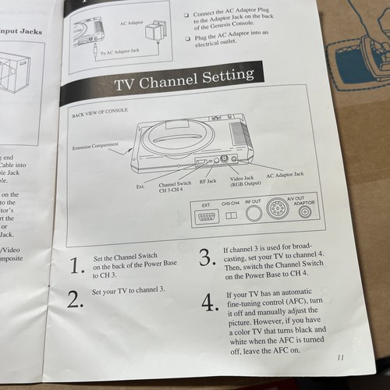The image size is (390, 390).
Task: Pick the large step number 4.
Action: coord(210,303)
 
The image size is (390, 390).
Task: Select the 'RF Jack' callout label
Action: coord(208,180)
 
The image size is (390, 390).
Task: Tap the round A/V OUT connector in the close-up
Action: coord(277,211)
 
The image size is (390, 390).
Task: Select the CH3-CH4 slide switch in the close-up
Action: coord(230,215)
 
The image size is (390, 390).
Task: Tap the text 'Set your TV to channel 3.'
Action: coord(129,291)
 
